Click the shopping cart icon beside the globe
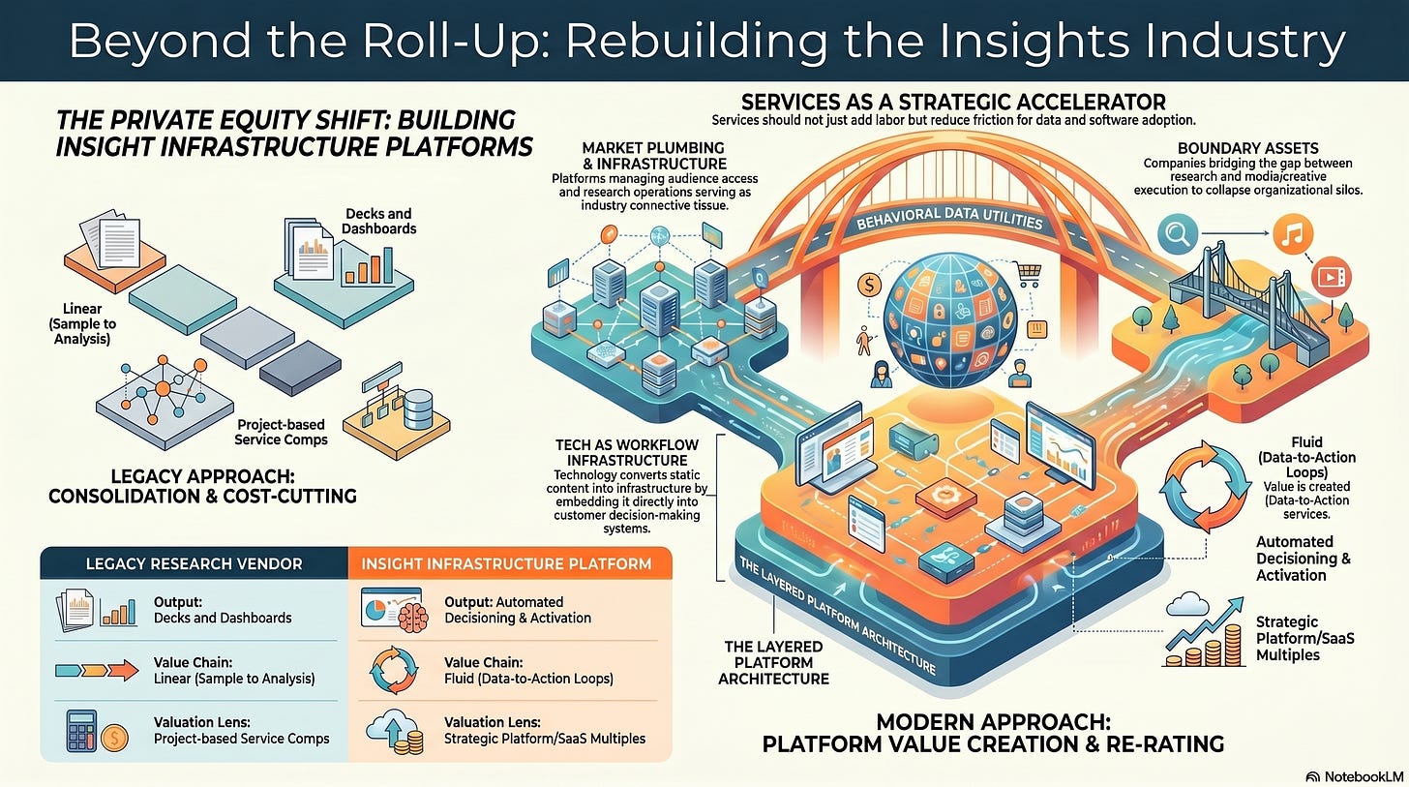click(1029, 274)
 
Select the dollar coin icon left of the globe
click(869, 286)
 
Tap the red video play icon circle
click(1331, 277)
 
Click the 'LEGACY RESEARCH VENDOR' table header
click(194, 563)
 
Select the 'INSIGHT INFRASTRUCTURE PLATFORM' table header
click(506, 563)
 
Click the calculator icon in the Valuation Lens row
click(81, 731)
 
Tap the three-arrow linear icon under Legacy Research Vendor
click(97, 671)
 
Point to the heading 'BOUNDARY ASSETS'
click(1247, 148)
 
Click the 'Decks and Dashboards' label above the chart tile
click(378, 221)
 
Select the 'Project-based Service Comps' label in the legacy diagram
click(282, 432)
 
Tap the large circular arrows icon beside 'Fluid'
click(1205, 486)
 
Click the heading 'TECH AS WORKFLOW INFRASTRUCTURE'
click(627, 453)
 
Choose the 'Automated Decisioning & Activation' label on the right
click(1304, 559)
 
